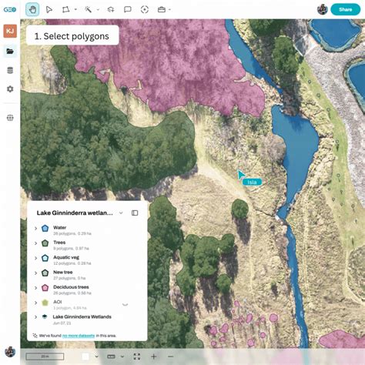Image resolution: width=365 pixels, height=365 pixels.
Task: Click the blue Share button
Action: click(x=345, y=9)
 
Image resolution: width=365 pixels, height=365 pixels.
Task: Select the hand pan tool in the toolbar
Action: click(x=32, y=9)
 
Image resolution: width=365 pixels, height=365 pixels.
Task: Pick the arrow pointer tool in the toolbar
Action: click(x=49, y=9)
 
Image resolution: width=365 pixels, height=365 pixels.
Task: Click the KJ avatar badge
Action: click(x=10, y=31)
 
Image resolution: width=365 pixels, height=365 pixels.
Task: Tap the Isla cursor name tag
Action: click(x=252, y=182)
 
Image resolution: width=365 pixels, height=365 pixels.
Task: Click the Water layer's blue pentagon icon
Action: click(x=45, y=228)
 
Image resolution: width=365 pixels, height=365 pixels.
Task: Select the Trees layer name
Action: click(x=59, y=243)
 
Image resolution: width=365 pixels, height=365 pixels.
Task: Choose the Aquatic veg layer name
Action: click(x=67, y=257)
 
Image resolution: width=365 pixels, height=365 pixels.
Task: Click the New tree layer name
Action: click(x=62, y=272)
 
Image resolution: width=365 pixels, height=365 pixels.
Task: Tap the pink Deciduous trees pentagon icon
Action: click(x=45, y=287)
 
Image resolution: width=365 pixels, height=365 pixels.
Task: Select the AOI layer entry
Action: click(x=57, y=302)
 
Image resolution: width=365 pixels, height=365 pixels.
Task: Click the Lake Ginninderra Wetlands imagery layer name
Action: click(x=82, y=316)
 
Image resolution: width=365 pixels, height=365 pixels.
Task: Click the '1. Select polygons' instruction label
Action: click(x=72, y=36)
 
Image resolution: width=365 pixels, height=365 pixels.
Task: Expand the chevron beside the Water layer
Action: click(x=35, y=228)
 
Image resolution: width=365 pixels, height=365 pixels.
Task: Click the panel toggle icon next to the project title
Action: click(x=135, y=213)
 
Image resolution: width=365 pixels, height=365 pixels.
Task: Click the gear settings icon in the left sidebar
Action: click(x=10, y=89)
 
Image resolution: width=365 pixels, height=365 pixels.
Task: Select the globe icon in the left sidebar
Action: click(x=10, y=118)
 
